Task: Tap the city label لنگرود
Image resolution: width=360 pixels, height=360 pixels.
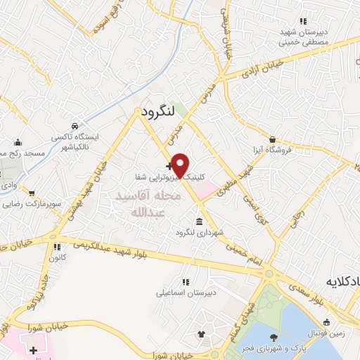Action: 157,112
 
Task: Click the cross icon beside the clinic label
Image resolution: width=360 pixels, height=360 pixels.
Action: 167,167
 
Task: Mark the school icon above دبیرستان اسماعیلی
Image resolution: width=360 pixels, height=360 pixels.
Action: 186,281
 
